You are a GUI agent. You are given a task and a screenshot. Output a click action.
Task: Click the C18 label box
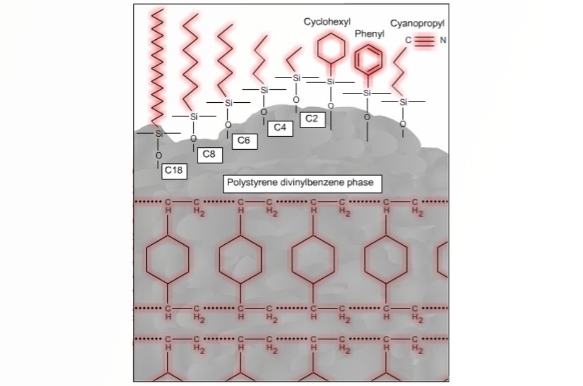point(174,170)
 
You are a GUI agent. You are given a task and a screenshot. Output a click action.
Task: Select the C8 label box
point(209,154)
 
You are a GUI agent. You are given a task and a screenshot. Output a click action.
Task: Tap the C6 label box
point(244,141)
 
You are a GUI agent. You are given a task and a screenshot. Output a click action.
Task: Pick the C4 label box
point(280,128)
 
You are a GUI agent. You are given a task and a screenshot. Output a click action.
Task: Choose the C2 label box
point(312,119)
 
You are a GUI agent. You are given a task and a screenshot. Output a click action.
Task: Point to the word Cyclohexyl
point(327,22)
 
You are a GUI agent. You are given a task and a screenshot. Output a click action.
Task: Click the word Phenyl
point(369,34)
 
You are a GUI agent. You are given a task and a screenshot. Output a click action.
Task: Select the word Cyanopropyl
point(417,24)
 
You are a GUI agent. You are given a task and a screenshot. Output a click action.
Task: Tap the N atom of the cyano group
point(443,40)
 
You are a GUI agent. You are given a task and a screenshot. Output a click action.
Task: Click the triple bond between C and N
point(425,40)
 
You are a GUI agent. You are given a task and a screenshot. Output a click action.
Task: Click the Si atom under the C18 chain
point(159,134)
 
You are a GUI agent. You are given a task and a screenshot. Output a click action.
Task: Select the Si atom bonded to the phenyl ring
point(367,93)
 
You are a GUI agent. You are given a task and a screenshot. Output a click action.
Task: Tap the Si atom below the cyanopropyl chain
point(403,102)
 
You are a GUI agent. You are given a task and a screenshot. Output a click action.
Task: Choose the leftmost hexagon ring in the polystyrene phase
point(168,259)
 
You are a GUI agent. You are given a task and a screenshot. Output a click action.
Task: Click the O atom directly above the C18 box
point(158,156)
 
